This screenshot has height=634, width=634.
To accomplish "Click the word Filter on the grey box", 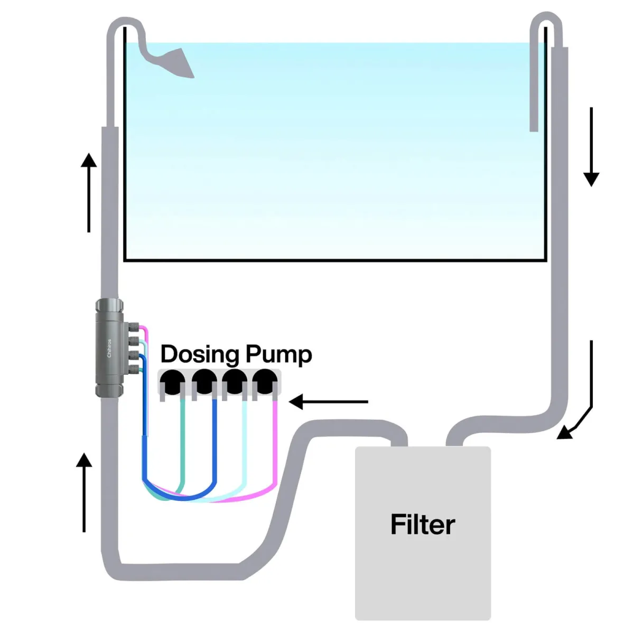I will pyautogui.click(x=422, y=524).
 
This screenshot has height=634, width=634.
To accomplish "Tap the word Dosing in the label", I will pyautogui.click(x=200, y=355).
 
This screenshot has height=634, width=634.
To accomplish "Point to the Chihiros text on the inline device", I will pyautogui.click(x=109, y=348).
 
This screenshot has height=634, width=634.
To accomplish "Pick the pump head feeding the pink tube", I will pyautogui.click(x=265, y=381).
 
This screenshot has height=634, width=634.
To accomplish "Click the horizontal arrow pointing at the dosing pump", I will pyautogui.click(x=328, y=402).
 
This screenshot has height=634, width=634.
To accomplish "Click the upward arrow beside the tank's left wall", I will pyautogui.click(x=89, y=192).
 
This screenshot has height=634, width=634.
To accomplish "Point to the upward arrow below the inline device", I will pyautogui.click(x=84, y=492).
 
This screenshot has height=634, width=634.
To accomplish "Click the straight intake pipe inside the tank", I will pyautogui.click(x=534, y=79).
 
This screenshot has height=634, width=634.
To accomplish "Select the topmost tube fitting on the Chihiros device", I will pyautogui.click(x=134, y=328).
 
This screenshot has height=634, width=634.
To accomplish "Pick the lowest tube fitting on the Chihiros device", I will pyautogui.click(x=134, y=368).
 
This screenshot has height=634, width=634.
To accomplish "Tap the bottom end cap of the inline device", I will pyautogui.click(x=109, y=390).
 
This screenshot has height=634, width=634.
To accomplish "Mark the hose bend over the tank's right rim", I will pyautogui.click(x=546, y=21).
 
